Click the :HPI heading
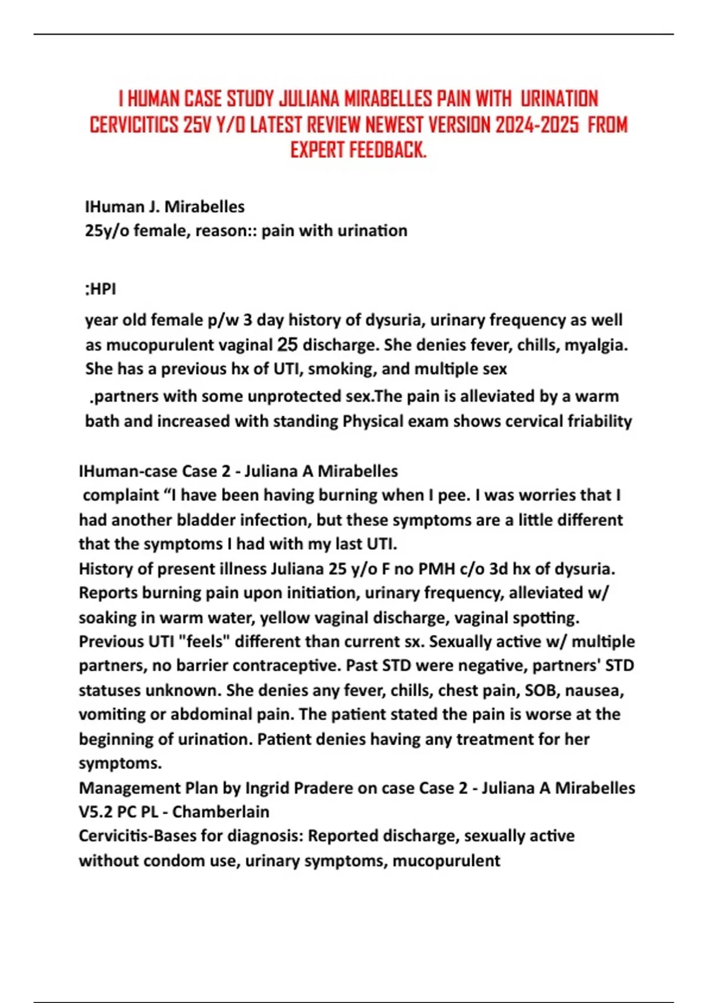(x=101, y=289)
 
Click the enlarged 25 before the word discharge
(x=287, y=344)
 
